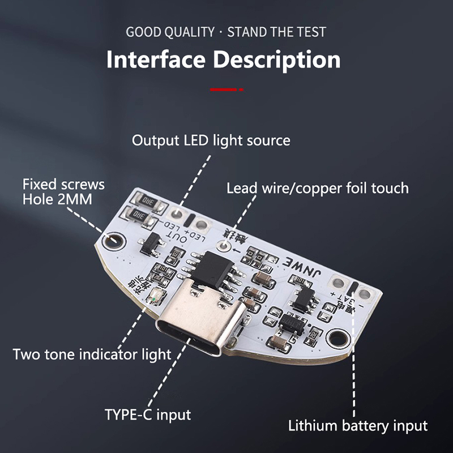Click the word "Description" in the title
click(279, 59)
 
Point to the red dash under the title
click(226, 89)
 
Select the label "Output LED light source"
click(211, 140)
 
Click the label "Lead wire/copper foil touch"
click(317, 188)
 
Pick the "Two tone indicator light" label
click(92, 355)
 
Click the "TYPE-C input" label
click(148, 414)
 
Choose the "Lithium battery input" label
click(358, 426)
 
